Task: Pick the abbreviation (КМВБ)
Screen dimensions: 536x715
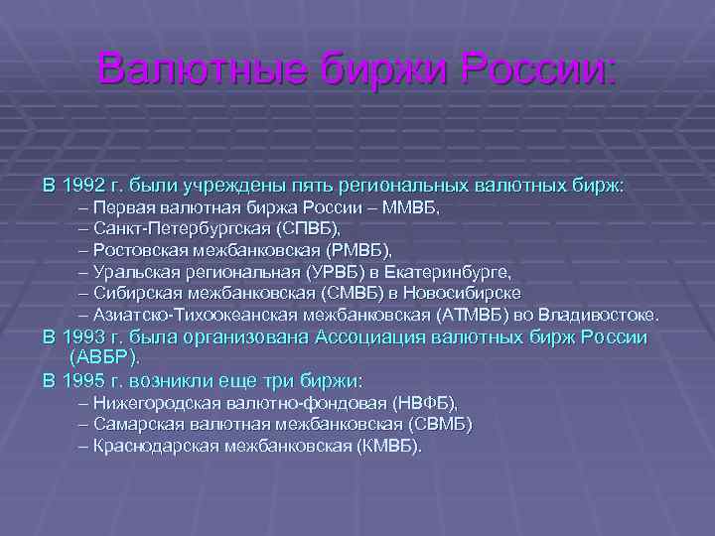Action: [x=388, y=446]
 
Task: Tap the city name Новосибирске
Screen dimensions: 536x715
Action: [x=473, y=293]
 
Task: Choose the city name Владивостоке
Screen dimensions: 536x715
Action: [x=606, y=315]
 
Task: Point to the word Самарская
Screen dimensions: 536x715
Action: [x=135, y=425]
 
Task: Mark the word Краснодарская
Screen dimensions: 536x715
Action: [x=158, y=446]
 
